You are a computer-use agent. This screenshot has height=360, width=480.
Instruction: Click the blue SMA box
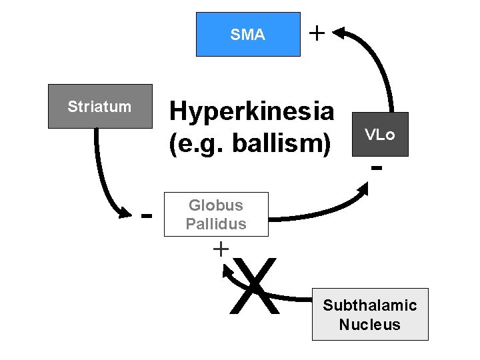pyautogui.click(x=247, y=35)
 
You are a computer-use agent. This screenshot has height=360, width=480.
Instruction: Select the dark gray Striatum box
pyautogui.click(x=100, y=107)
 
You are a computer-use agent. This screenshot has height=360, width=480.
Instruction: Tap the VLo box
pyautogui.click(x=379, y=135)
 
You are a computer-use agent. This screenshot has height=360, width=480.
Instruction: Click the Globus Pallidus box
pyautogui.click(x=216, y=215)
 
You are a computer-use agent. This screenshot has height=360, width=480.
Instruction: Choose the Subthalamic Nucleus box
pyautogui.click(x=369, y=315)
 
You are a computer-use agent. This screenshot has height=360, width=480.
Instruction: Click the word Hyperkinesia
pyautogui.click(x=251, y=111)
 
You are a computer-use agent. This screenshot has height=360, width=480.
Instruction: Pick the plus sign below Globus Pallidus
pyautogui.click(x=219, y=249)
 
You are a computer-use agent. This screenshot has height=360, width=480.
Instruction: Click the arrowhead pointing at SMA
pyautogui.click(x=341, y=31)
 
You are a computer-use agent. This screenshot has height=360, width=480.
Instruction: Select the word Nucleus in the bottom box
pyautogui.click(x=369, y=325)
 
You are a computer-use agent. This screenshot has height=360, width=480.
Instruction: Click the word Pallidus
pyautogui.click(x=216, y=224)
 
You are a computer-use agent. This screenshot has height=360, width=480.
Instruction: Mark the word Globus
pyautogui.click(x=216, y=205)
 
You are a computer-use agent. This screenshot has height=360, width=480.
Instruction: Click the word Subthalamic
pyautogui.click(x=369, y=305)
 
